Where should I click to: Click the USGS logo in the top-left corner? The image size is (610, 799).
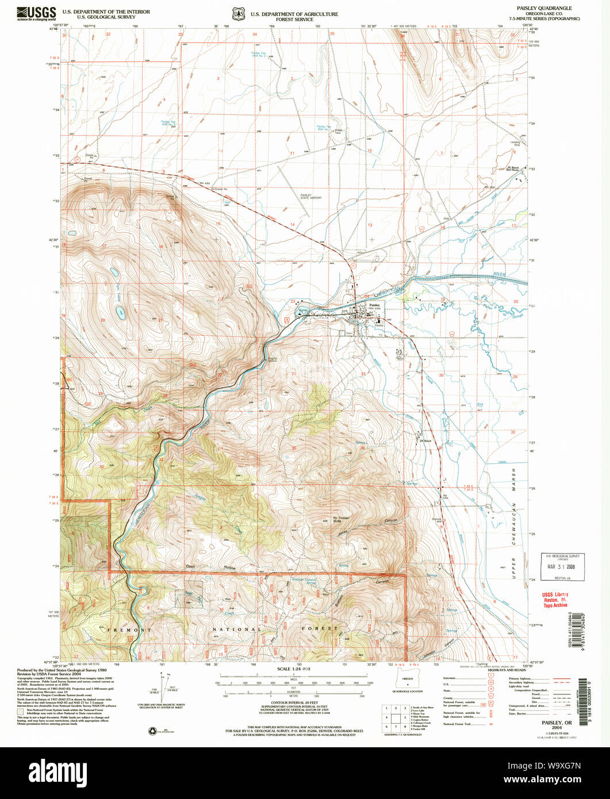pos(36,13)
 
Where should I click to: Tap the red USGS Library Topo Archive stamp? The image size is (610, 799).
pos(555,600)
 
